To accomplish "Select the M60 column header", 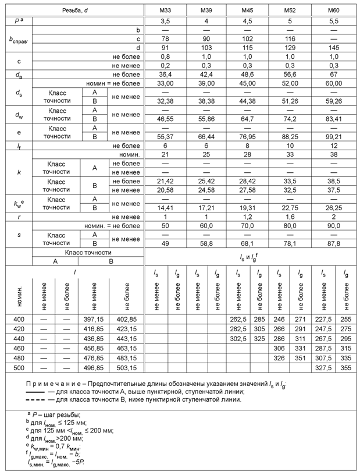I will point(334,11).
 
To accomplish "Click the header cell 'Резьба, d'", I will point(75,11).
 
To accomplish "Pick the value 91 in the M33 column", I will point(165,47).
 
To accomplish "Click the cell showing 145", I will point(334,47).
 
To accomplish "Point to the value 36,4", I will point(165,74).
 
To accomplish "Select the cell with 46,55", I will point(165,118).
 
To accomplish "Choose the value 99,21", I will point(334,136).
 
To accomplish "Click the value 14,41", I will point(165,207).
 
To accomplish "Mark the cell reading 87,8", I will point(334,243).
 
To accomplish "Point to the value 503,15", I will point(126,367).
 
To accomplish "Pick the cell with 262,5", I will point(239,320).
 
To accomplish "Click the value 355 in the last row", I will point(347,367).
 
